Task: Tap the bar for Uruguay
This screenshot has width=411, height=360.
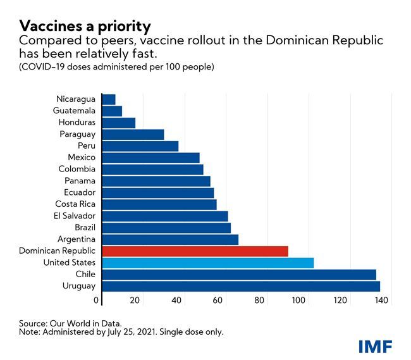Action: click(240, 286)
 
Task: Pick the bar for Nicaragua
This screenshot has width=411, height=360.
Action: click(108, 99)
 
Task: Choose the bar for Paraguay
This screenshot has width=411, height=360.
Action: click(132, 134)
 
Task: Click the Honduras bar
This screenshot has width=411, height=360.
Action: click(118, 123)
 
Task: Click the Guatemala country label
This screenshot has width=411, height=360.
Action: click(75, 111)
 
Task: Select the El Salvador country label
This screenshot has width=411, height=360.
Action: click(75, 216)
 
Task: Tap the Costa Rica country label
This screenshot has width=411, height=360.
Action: click(75, 204)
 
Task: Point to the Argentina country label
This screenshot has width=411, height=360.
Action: click(76, 239)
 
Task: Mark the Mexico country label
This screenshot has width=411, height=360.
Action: click(82, 158)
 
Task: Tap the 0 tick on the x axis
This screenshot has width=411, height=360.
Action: click(98, 300)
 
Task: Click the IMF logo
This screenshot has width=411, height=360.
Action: click(375, 345)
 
